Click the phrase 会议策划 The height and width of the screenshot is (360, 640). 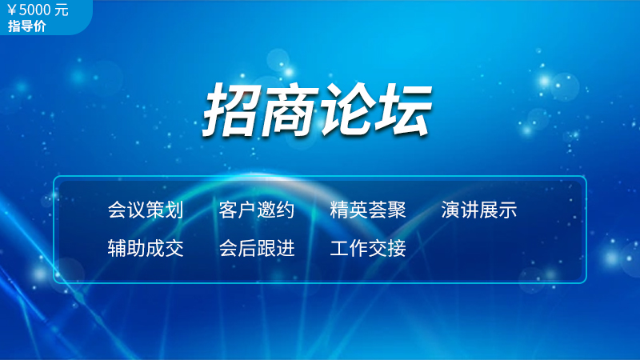[146, 210]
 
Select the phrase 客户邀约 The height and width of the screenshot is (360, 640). [257, 210]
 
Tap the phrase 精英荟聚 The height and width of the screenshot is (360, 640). [368, 210]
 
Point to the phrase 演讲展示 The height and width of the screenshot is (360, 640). [478, 210]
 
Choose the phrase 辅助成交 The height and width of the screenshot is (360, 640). [146, 248]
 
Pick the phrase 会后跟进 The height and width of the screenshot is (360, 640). [257, 248]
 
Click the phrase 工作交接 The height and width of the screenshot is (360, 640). [368, 248]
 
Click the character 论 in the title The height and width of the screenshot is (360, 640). [347, 110]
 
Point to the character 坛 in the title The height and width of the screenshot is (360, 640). [403, 110]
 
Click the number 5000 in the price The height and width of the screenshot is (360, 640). [34, 10]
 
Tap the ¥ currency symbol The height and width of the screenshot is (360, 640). [12, 10]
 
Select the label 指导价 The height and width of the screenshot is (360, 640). [26, 26]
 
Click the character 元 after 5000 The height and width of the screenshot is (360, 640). [62, 10]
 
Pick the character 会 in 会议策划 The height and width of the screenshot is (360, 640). [117, 210]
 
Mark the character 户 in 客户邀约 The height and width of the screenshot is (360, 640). [247, 210]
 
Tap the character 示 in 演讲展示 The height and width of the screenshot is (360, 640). [507, 210]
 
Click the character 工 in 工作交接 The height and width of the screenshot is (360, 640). [339, 248]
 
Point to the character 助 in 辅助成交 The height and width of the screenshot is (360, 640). [136, 248]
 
